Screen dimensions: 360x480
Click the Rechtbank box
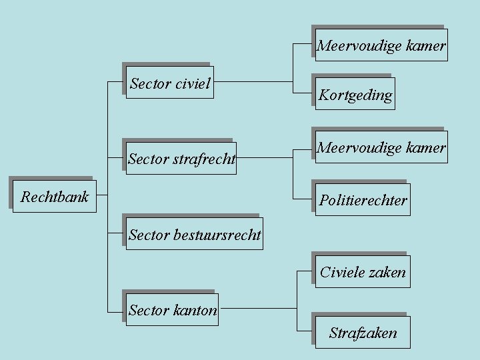pos(55,197)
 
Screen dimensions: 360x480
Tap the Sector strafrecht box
pos(181,159)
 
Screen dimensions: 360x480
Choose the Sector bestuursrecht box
pos(195,234)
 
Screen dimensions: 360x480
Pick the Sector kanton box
pos(173,310)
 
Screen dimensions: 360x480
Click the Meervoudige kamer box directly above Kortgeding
pos(381,45)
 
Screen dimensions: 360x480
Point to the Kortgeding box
pos(355,94)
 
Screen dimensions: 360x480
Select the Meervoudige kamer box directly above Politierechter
pos(381,147)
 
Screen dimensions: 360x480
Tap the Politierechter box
pos(363,200)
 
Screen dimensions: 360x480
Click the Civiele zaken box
pos(363,272)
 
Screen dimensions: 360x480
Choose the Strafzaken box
pos(363,333)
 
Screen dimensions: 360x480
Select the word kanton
pos(195,310)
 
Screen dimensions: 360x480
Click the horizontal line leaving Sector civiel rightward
pos(253,82)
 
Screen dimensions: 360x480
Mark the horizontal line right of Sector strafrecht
pos(265,158)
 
